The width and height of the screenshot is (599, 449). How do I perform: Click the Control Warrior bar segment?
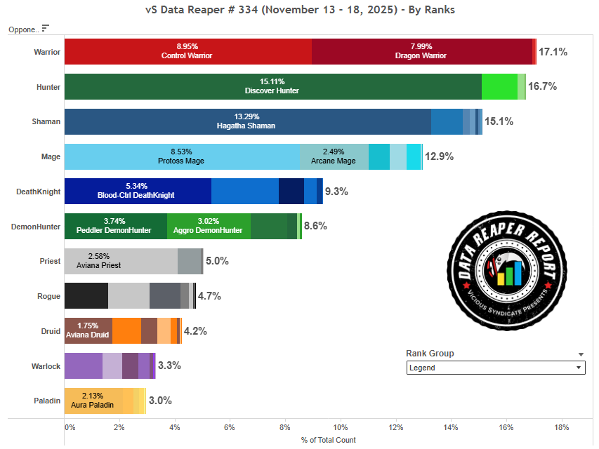pos(187,52)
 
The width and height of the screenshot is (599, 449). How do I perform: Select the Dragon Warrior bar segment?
pos(421,52)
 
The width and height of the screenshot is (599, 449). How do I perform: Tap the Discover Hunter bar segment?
pos(272,86)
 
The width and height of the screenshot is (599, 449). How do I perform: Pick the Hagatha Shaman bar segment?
pos(247,121)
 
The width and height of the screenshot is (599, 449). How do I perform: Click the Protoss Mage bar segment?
pos(182,156)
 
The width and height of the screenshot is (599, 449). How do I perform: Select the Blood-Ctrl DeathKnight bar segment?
pos(138,191)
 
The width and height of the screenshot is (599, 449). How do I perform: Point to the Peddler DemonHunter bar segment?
pos(116,226)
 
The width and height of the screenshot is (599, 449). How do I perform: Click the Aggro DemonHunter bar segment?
pos(209,226)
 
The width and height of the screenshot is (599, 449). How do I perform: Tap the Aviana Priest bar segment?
pos(121,261)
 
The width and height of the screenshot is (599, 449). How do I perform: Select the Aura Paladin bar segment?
pos(93,401)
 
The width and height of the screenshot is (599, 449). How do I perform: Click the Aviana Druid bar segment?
pos(88,330)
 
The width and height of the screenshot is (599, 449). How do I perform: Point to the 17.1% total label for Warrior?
pos(553,52)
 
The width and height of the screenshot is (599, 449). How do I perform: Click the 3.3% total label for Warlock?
pos(170,366)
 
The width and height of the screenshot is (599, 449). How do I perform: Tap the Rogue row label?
pos(48,296)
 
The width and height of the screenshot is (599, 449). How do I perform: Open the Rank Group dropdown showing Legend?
pos(496,368)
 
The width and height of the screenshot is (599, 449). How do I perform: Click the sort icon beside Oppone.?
pos(46,28)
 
